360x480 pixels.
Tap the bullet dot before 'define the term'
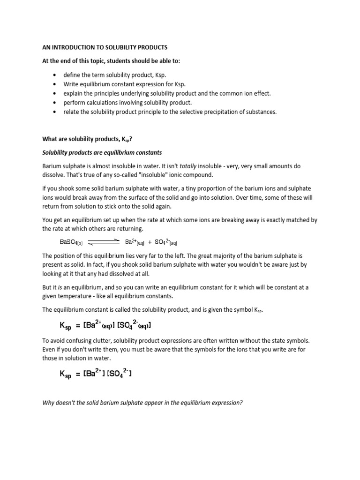[56, 75]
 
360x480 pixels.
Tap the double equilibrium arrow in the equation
[104, 242]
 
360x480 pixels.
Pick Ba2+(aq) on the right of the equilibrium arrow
[135, 242]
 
